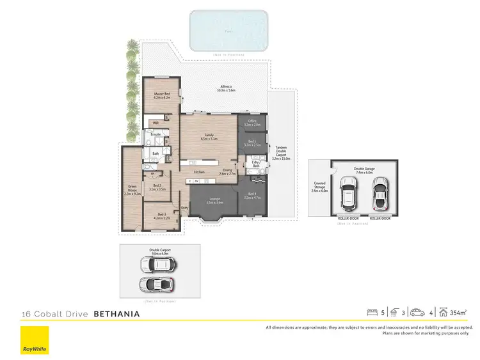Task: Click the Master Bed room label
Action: click(x=161, y=95)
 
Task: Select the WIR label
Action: click(x=156, y=122)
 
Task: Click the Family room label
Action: click(x=209, y=136)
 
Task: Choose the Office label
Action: click(x=252, y=124)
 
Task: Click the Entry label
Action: click(x=185, y=207)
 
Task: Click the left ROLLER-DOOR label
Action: click(x=348, y=218)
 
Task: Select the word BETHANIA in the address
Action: click(x=116, y=314)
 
